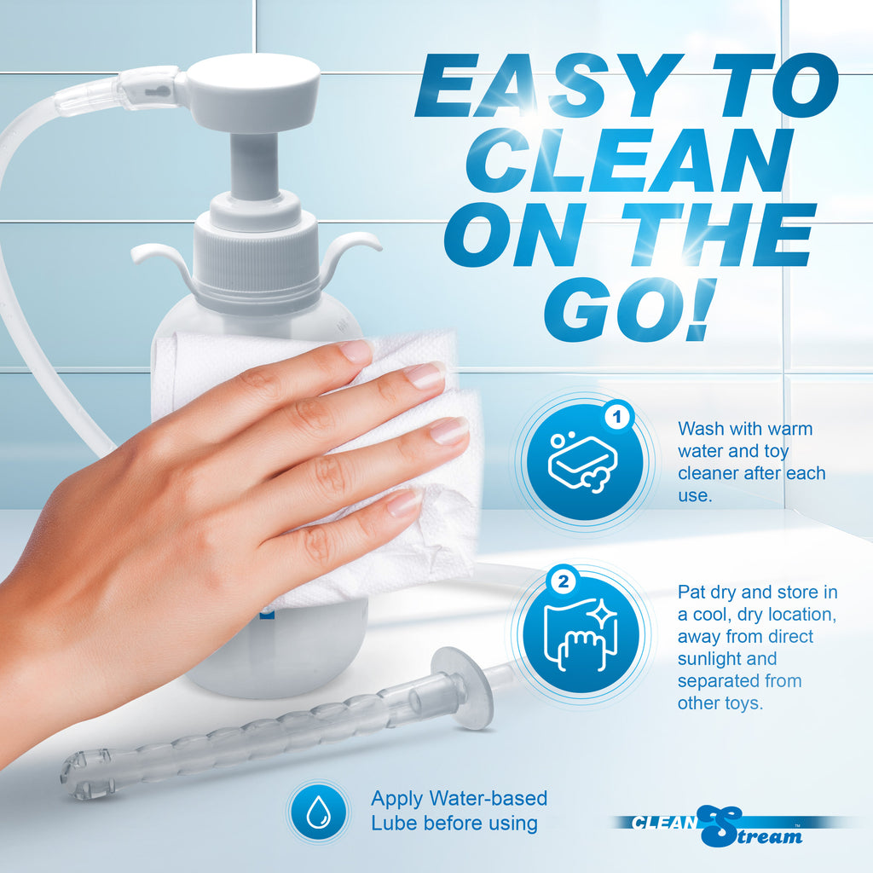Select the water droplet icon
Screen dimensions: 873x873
317,810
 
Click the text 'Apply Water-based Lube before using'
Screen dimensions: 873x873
459,811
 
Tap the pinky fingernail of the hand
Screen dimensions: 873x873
404,503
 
